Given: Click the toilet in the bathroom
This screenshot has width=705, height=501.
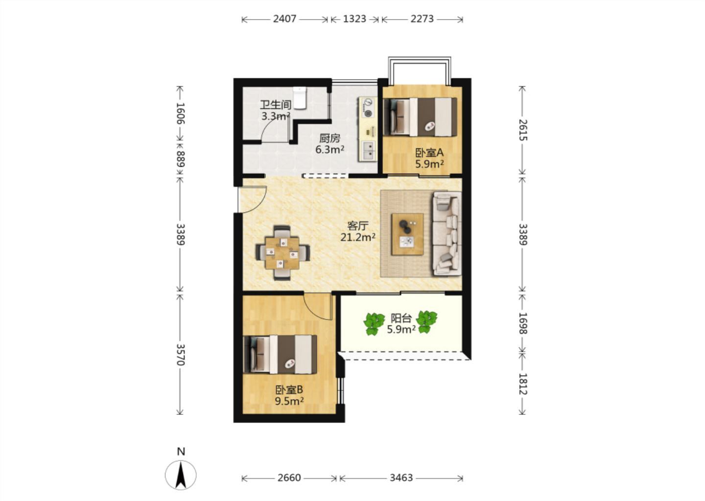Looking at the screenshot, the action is click(299, 98).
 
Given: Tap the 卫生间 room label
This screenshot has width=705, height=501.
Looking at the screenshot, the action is click(276, 105).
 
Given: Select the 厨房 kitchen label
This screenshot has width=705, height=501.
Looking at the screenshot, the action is click(330, 138).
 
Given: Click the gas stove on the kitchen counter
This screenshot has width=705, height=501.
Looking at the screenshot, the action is click(367, 107).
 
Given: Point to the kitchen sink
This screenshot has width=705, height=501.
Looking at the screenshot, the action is click(368, 150).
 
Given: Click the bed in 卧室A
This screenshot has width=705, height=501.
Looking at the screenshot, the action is click(420, 117).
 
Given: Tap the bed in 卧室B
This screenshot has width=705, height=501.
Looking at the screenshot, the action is click(280, 354).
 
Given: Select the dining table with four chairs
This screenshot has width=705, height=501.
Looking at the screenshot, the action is click(282, 252).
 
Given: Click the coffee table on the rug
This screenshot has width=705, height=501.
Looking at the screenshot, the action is click(407, 234).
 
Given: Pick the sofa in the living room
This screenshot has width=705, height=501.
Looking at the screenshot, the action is click(447, 234).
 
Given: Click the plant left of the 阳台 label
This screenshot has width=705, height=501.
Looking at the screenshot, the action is click(374, 323).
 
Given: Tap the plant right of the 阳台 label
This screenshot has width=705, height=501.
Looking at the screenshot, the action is click(426, 322).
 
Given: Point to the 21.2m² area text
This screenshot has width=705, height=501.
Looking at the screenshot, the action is click(358, 237).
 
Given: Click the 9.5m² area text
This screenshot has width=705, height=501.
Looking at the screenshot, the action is click(289, 401).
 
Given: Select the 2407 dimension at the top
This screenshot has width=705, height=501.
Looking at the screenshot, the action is click(284, 19).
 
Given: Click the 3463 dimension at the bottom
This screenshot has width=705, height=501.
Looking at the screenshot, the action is click(401, 478).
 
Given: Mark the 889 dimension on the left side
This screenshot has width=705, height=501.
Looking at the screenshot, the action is click(180, 159).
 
